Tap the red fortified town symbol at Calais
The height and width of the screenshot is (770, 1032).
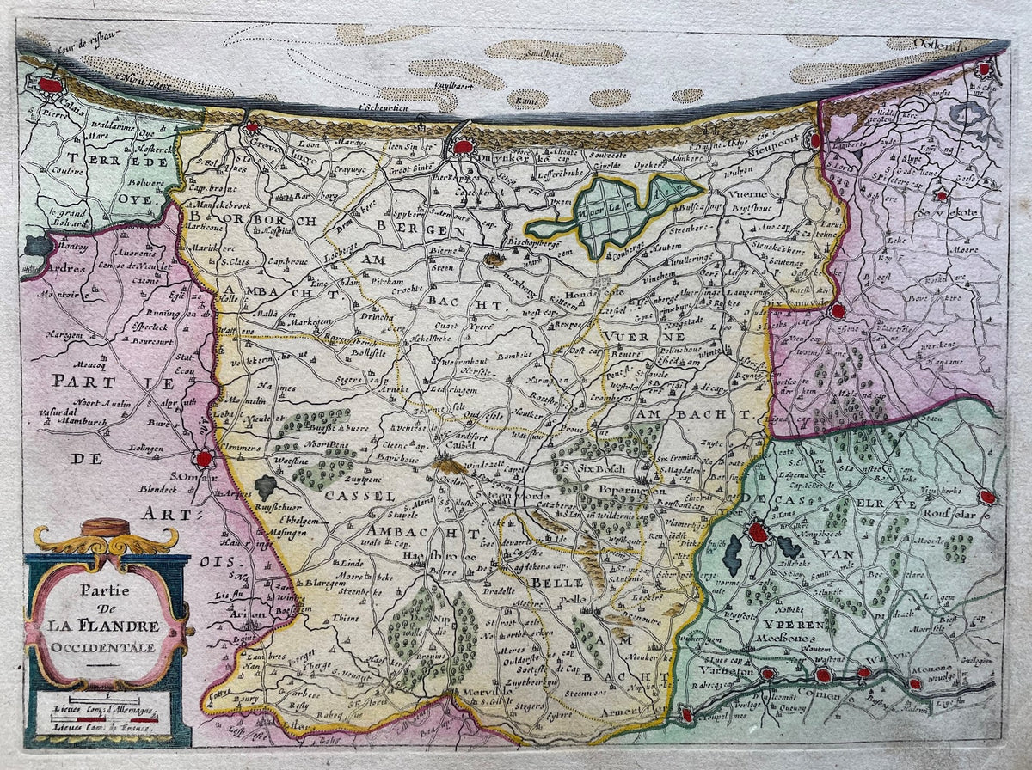pyautogui.click(x=51, y=86)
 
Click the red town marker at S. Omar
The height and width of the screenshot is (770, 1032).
pyautogui.click(x=204, y=459)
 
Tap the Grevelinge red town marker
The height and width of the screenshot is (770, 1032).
pyautogui.click(x=252, y=127)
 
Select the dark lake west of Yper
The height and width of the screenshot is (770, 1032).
pyautogui.click(x=732, y=554)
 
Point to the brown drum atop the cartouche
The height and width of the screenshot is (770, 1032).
pyautogui.click(x=108, y=526)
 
